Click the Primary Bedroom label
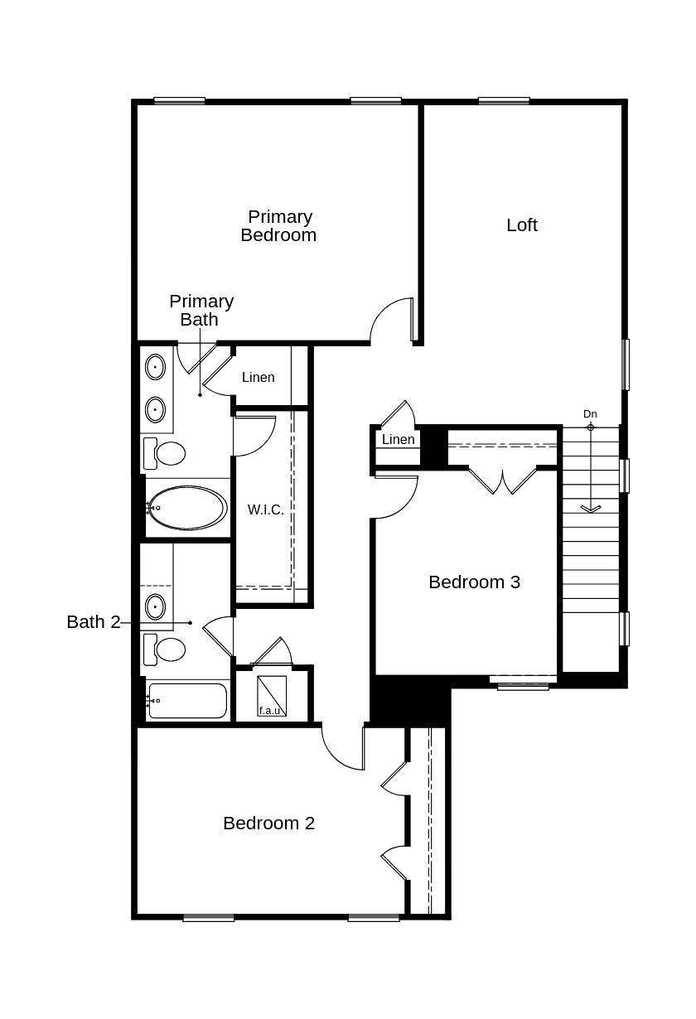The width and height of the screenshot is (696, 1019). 278,226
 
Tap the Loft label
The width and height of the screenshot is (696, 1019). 522,225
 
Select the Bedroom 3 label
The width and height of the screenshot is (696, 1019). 474,582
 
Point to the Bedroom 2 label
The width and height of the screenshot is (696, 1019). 268,823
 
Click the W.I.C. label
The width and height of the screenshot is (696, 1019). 265,510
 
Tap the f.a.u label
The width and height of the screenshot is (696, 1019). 269,711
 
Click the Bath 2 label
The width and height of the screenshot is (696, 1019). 93,622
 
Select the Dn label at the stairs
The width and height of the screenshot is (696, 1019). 590,414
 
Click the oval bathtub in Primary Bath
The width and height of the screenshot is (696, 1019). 188,508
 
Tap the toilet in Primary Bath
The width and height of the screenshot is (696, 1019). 169,454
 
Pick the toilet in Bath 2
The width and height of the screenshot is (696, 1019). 169,649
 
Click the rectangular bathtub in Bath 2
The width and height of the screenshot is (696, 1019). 187,701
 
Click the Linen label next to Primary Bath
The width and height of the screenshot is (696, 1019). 258,378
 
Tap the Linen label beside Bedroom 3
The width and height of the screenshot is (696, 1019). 399,440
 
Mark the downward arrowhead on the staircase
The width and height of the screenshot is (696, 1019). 590,508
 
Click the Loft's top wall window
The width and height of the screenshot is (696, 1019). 504,101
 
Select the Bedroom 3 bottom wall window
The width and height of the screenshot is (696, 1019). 523,685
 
